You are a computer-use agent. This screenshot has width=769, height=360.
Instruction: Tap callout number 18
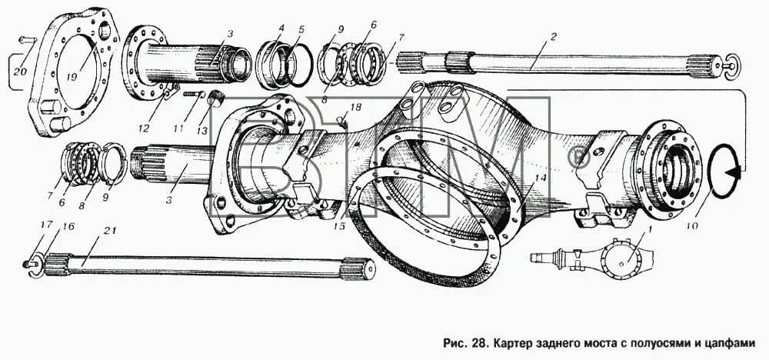pyautogui.click(x=355, y=106)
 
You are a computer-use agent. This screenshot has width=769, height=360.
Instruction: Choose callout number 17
pyautogui.click(x=46, y=225)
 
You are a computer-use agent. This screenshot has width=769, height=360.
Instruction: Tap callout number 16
pyautogui.click(x=69, y=228)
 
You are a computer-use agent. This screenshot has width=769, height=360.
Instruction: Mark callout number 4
pyautogui.click(x=281, y=28)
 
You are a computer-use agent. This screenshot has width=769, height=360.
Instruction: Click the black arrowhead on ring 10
pyautogui.click(x=738, y=175)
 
